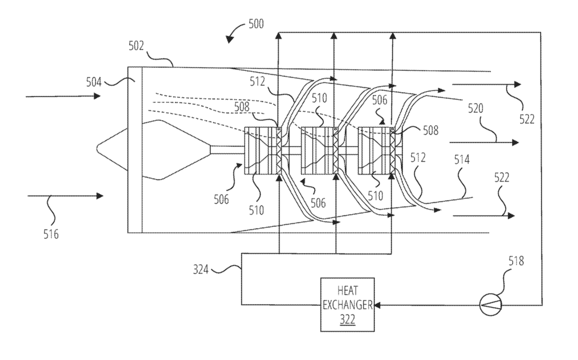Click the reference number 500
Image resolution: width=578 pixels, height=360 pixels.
coord(256,23)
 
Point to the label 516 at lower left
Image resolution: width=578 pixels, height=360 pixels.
coord(50,234)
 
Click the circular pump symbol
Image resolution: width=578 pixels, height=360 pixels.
coord(490,305)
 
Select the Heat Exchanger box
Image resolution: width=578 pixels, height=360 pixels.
coord(347,305)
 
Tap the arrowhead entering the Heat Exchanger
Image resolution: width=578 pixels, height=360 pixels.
coord(377,305)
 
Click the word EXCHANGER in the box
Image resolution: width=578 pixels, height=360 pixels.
coord(347,305)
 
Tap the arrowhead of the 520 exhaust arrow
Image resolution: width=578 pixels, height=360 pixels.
coord(515,142)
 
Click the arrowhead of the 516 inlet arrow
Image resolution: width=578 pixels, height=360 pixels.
coord(100,196)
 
